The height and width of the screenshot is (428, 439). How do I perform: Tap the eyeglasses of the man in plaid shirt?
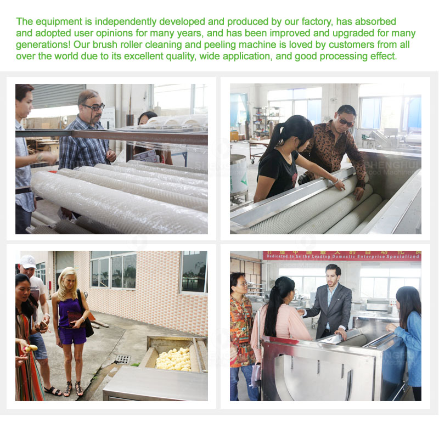[x=94, y=108]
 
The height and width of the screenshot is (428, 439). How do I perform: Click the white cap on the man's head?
[x=27, y=262]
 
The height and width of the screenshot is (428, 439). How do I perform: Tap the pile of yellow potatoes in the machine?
[x=175, y=359]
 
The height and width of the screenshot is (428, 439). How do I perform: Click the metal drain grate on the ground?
[x=123, y=359]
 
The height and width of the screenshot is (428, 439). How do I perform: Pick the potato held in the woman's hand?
[x=32, y=348]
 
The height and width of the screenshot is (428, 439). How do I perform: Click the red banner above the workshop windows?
[x=341, y=256]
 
